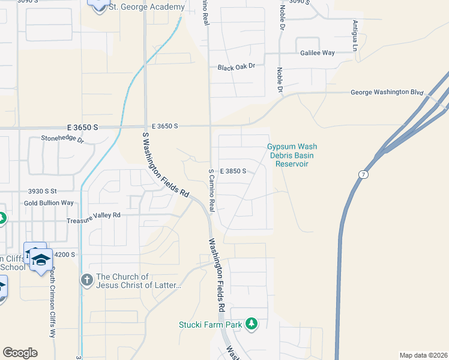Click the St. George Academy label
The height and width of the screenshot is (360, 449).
[146, 7]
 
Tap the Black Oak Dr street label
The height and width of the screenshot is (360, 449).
[240, 67]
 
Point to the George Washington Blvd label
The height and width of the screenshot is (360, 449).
[387, 93]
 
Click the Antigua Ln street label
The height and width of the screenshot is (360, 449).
[355, 34]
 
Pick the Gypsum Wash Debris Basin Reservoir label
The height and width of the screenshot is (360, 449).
[292, 155]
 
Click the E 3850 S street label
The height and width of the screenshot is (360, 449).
[233, 171]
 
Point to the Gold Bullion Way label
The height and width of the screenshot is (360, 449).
[49, 203]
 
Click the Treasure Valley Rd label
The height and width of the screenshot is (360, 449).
[94, 215]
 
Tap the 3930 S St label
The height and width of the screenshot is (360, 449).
[42, 191]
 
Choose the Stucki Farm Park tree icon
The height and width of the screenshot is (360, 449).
[252, 325]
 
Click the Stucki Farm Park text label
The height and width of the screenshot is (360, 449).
[209, 325]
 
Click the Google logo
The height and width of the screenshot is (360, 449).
[20, 353]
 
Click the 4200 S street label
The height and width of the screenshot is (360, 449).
[64, 254]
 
